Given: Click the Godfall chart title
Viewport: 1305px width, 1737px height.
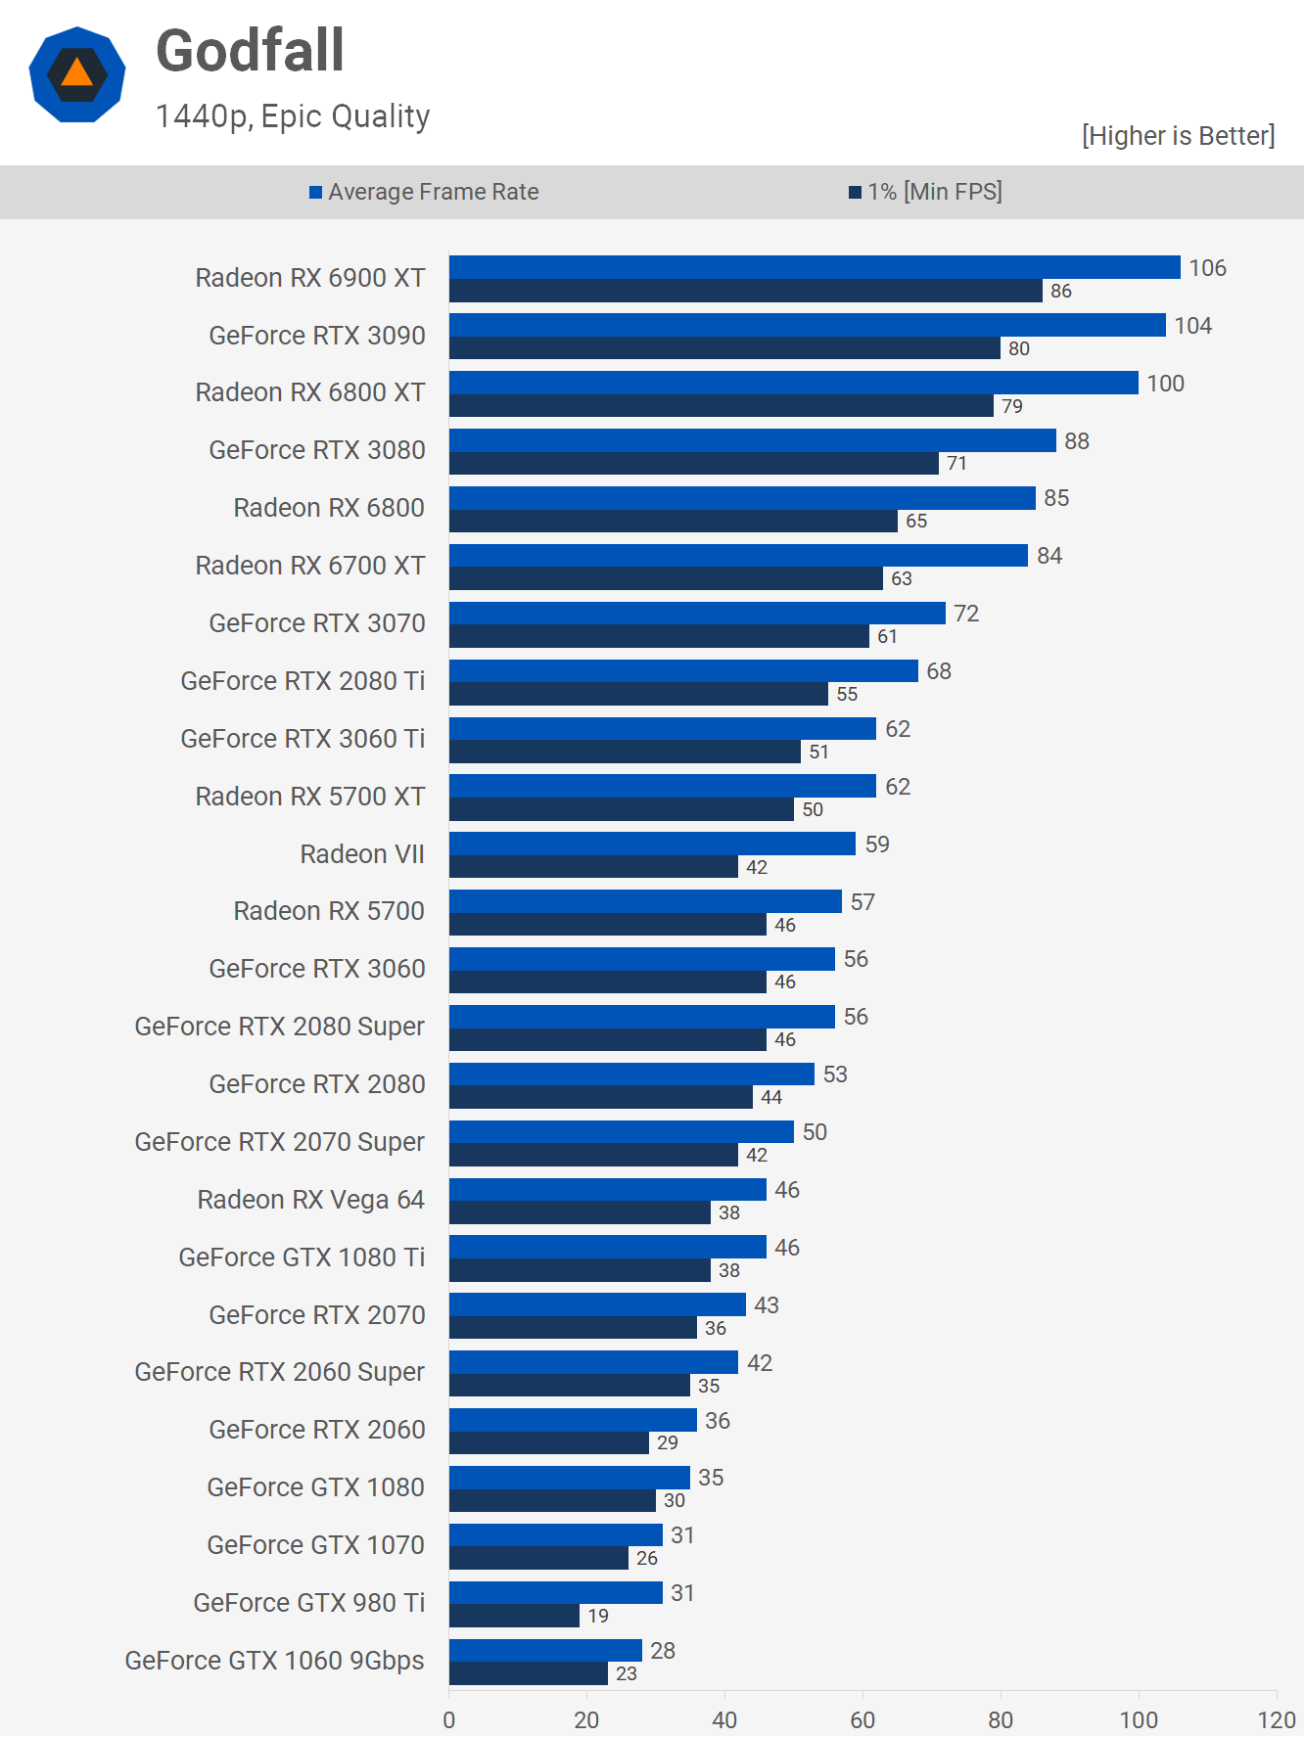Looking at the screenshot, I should [x=250, y=51].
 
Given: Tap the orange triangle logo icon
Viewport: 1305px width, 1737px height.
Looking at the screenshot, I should [x=77, y=74].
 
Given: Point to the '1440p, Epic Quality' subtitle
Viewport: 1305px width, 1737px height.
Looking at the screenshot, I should [x=293, y=116].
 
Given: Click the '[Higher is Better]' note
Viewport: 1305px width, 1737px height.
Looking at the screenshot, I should [x=1178, y=135].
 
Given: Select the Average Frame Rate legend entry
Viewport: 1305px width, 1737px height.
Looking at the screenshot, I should [x=424, y=192].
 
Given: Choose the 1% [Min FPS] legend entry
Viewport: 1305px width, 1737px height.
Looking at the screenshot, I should [x=925, y=192].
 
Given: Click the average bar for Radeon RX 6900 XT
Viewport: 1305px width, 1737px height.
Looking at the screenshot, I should [x=815, y=267].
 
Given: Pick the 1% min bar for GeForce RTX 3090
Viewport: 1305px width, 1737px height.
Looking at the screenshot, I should [x=724, y=348].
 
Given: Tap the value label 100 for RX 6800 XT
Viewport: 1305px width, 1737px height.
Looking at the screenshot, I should [x=1165, y=384].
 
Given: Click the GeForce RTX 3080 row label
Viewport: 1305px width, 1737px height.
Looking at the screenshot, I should [x=317, y=450].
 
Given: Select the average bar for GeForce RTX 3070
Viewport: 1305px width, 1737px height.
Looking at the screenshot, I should [x=697, y=614].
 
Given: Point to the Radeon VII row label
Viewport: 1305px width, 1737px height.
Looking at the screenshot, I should [x=362, y=854].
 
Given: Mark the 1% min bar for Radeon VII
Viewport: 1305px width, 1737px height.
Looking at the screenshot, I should [x=593, y=867].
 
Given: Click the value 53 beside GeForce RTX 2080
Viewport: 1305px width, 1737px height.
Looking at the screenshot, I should [x=835, y=1074].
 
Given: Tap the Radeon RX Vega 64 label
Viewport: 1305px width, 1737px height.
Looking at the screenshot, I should [x=310, y=1200].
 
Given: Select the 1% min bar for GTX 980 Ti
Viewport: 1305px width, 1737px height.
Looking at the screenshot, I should [x=514, y=1616].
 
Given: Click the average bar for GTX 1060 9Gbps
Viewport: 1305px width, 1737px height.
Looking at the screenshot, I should [x=545, y=1651].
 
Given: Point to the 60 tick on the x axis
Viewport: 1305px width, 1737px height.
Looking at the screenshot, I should [x=862, y=1719].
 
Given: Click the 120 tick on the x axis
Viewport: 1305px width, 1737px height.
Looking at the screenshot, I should [x=1277, y=1719].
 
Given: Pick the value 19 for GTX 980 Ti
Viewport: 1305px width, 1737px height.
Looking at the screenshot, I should [x=598, y=1616].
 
